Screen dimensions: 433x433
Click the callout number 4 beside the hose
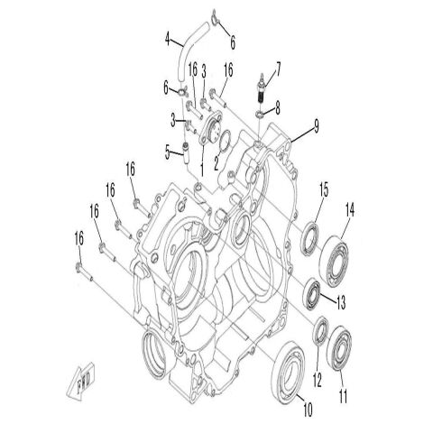(x=168, y=38)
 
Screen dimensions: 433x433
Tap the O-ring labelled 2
(x=226, y=138)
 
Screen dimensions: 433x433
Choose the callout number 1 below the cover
(x=202, y=169)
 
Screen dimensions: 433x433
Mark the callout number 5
(x=167, y=152)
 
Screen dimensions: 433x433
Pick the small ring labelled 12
(x=319, y=335)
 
